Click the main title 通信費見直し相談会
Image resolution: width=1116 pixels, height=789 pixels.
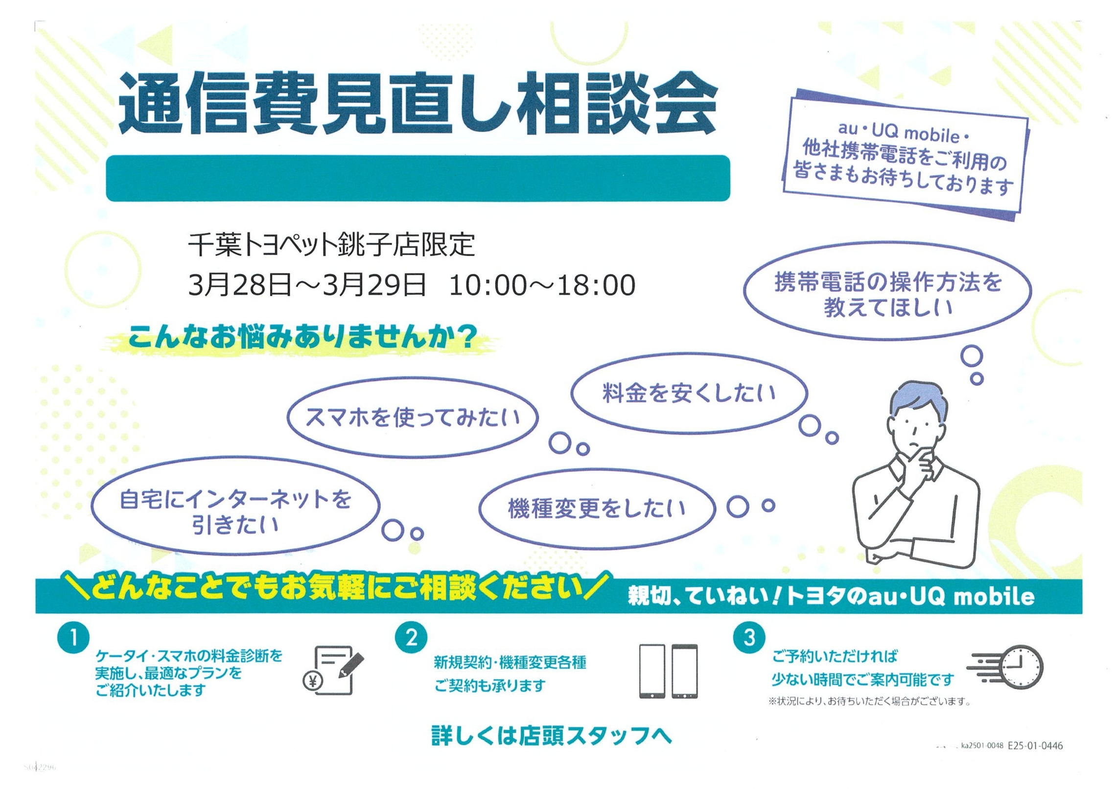pos(418,104)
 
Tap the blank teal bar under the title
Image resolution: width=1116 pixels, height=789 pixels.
pos(418,178)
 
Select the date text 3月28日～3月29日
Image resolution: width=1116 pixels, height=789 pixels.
pos(307,285)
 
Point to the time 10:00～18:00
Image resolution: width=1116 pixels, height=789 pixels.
pos(542,285)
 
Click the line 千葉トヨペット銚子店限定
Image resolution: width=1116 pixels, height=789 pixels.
pos(331,244)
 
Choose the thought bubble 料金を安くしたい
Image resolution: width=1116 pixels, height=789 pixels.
pos(689,393)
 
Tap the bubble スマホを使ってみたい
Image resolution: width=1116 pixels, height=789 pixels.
pos(412,418)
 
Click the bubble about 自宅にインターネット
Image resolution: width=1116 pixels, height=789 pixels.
pos(235,511)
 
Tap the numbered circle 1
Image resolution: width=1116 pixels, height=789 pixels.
pos(73,638)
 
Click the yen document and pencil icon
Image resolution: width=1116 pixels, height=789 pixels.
pos(333,669)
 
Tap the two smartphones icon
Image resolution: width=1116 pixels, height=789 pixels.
pos(669,671)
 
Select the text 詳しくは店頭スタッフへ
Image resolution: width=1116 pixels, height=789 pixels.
pos(552,736)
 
